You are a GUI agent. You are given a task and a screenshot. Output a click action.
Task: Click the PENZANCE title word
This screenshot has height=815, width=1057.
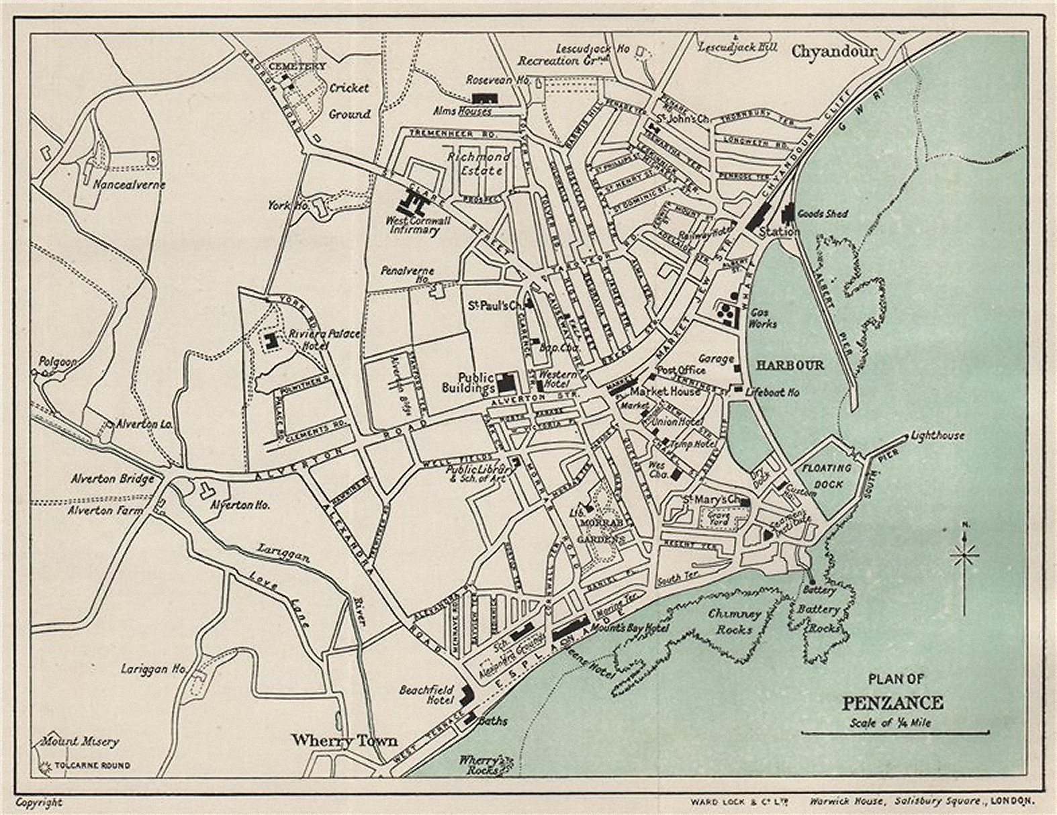coord(892,703)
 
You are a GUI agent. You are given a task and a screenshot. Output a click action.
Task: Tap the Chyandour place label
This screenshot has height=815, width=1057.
coord(834,51)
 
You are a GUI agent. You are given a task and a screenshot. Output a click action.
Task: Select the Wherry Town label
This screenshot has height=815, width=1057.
coord(344,740)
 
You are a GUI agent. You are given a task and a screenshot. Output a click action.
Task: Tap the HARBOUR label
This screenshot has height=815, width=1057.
coord(790,365)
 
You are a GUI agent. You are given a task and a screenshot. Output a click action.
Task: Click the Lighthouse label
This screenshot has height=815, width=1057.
coord(937,436)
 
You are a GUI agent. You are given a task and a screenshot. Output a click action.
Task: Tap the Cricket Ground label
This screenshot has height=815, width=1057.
coord(349,101)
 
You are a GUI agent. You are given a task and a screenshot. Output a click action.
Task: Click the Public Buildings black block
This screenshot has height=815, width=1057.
coord(506,383)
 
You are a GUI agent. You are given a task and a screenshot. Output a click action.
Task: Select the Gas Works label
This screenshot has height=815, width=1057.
coord(762,318)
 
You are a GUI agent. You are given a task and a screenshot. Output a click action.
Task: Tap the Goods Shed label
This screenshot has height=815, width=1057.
coord(823,213)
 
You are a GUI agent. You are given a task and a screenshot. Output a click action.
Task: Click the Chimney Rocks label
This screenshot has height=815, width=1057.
coord(735,620)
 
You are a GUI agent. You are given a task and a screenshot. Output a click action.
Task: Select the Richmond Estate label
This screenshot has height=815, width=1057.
coord(479,163)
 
